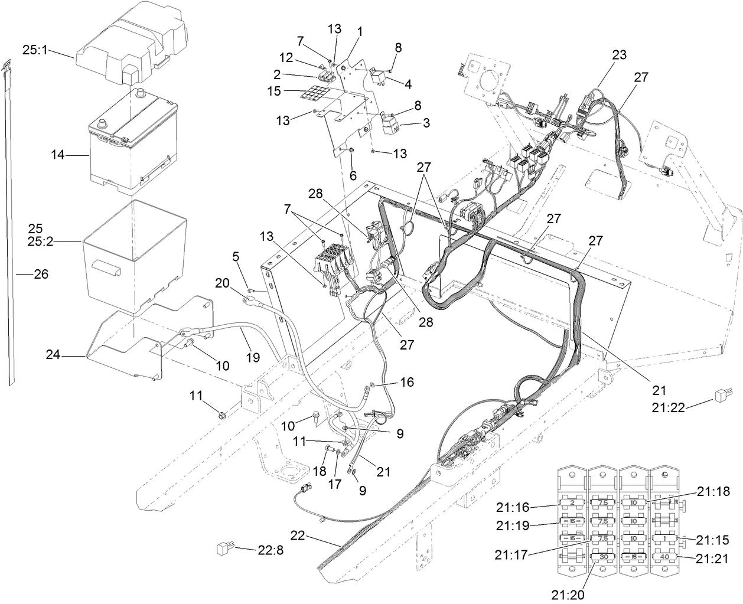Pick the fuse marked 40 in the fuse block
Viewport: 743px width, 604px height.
point(664,556)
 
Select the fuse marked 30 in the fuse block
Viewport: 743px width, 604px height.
point(603,557)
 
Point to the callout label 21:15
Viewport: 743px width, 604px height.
point(712,540)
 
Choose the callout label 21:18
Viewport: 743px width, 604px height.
point(712,491)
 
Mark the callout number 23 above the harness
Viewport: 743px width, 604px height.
point(618,55)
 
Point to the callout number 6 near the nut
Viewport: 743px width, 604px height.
point(354,175)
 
